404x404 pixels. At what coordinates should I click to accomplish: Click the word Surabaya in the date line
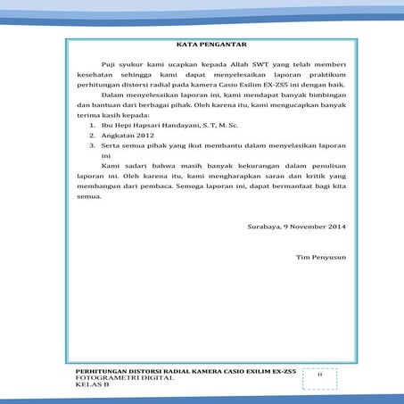point(262,227)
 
